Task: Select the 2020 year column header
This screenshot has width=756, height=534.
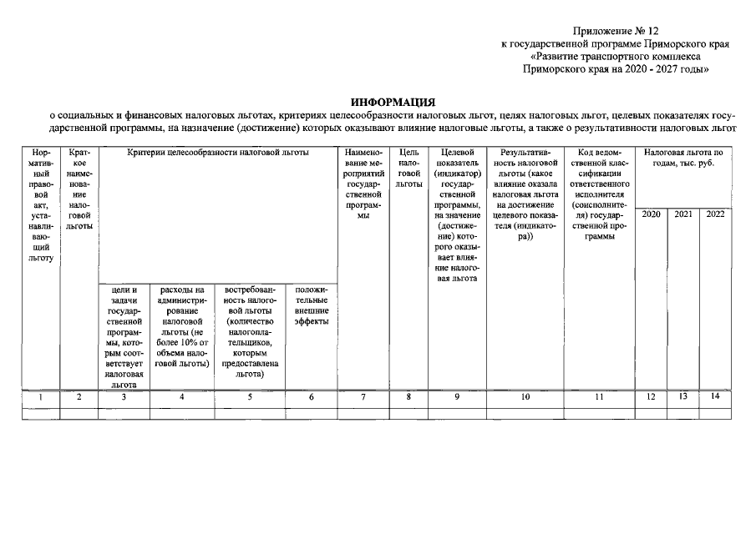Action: [x=652, y=214]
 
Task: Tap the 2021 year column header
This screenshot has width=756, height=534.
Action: [x=683, y=214]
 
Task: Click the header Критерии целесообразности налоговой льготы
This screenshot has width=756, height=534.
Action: [x=218, y=154]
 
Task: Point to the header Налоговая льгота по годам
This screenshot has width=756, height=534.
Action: [x=683, y=159]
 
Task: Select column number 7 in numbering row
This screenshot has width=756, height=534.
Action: [x=363, y=397]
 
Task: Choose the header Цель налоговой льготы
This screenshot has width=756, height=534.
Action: [x=409, y=168]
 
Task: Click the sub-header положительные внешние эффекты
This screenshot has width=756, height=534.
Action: [x=311, y=305]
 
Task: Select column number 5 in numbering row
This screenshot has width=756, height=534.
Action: [x=250, y=397]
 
